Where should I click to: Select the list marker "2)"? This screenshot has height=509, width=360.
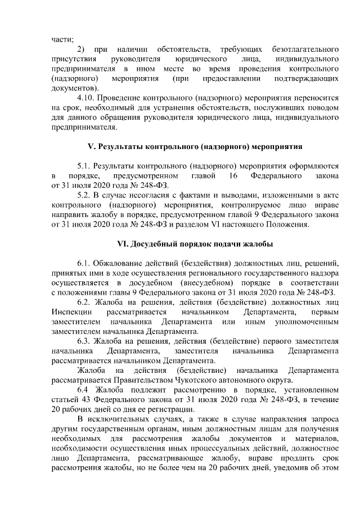click(x=82, y=49)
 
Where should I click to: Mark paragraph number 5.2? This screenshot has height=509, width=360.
click(x=83, y=195)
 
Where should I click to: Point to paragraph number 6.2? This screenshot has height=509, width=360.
click(x=83, y=301)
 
